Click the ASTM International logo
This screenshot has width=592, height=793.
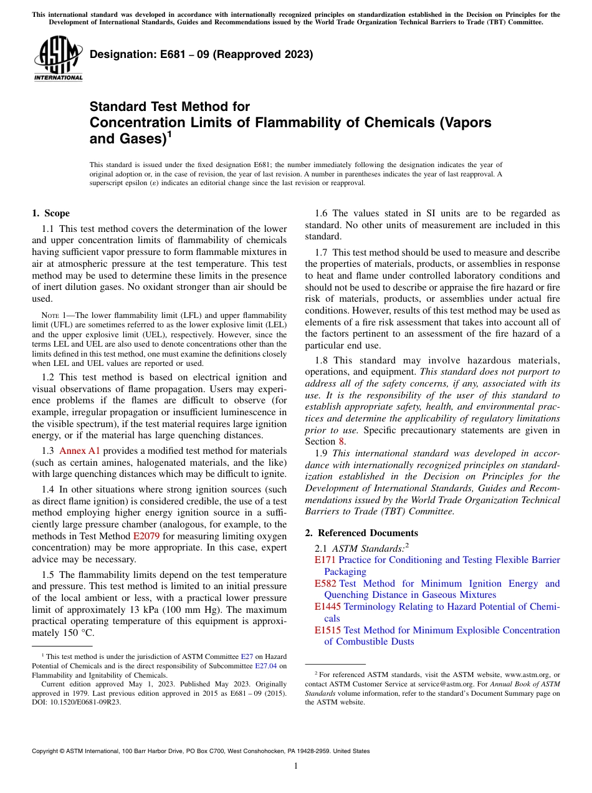(x=58, y=59)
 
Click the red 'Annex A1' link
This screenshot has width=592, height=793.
(x=79, y=450)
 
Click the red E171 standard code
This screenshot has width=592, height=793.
(x=325, y=560)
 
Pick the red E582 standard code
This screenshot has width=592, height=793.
(x=325, y=584)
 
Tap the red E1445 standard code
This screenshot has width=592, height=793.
(x=327, y=607)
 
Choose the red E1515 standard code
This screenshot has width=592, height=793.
(x=327, y=630)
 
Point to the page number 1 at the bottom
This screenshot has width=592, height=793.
(x=296, y=766)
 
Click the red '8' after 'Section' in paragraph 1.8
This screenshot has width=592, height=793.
(x=341, y=441)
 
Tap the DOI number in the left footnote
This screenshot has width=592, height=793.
(x=77, y=701)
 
